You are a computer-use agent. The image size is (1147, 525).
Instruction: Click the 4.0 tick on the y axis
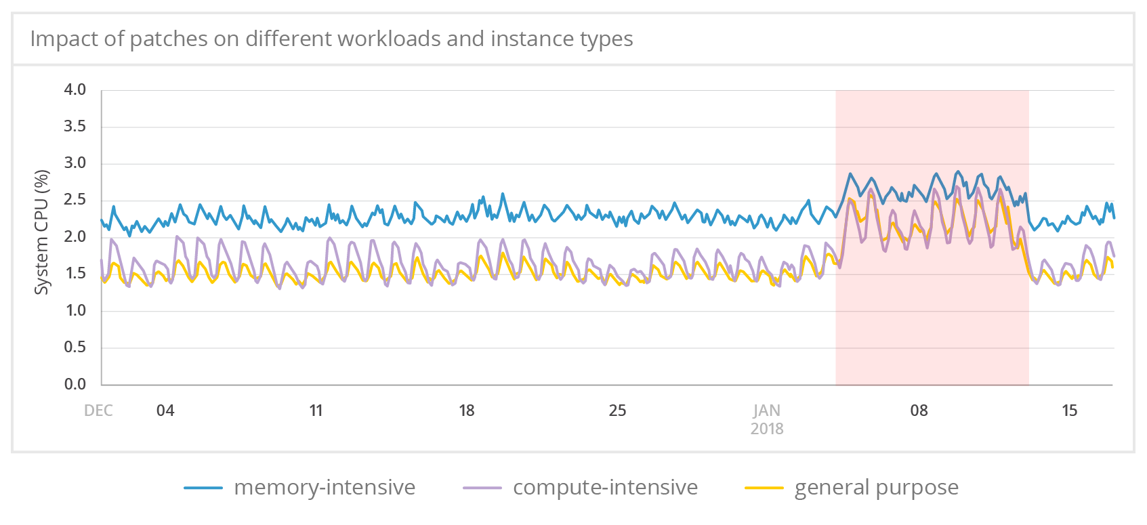[75, 89]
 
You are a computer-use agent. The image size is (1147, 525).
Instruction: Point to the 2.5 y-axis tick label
[75, 200]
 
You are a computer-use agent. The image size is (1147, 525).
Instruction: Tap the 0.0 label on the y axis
[75, 384]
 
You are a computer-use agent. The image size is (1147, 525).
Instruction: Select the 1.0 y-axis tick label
[75, 310]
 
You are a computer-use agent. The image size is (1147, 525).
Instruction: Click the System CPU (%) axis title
[42, 232]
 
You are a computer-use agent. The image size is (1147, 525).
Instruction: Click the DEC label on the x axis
[98, 411]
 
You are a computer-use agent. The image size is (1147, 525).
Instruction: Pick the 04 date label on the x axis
[165, 411]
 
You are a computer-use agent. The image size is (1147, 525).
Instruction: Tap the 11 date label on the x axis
[316, 411]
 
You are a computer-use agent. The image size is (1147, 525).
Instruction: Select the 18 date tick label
[466, 411]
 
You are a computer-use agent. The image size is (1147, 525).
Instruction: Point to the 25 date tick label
[617, 411]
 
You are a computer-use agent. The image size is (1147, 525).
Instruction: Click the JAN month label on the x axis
[767, 411]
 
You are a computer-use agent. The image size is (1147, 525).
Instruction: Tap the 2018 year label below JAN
[767, 429]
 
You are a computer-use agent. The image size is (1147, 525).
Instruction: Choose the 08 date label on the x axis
[919, 411]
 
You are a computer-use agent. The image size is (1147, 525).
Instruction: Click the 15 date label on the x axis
[1069, 411]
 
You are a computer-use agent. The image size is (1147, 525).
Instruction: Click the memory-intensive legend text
[325, 487]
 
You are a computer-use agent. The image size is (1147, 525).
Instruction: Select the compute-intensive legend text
[605, 487]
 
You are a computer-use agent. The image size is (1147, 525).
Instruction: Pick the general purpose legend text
[876, 487]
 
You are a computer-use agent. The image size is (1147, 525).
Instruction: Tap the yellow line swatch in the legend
[764, 488]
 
